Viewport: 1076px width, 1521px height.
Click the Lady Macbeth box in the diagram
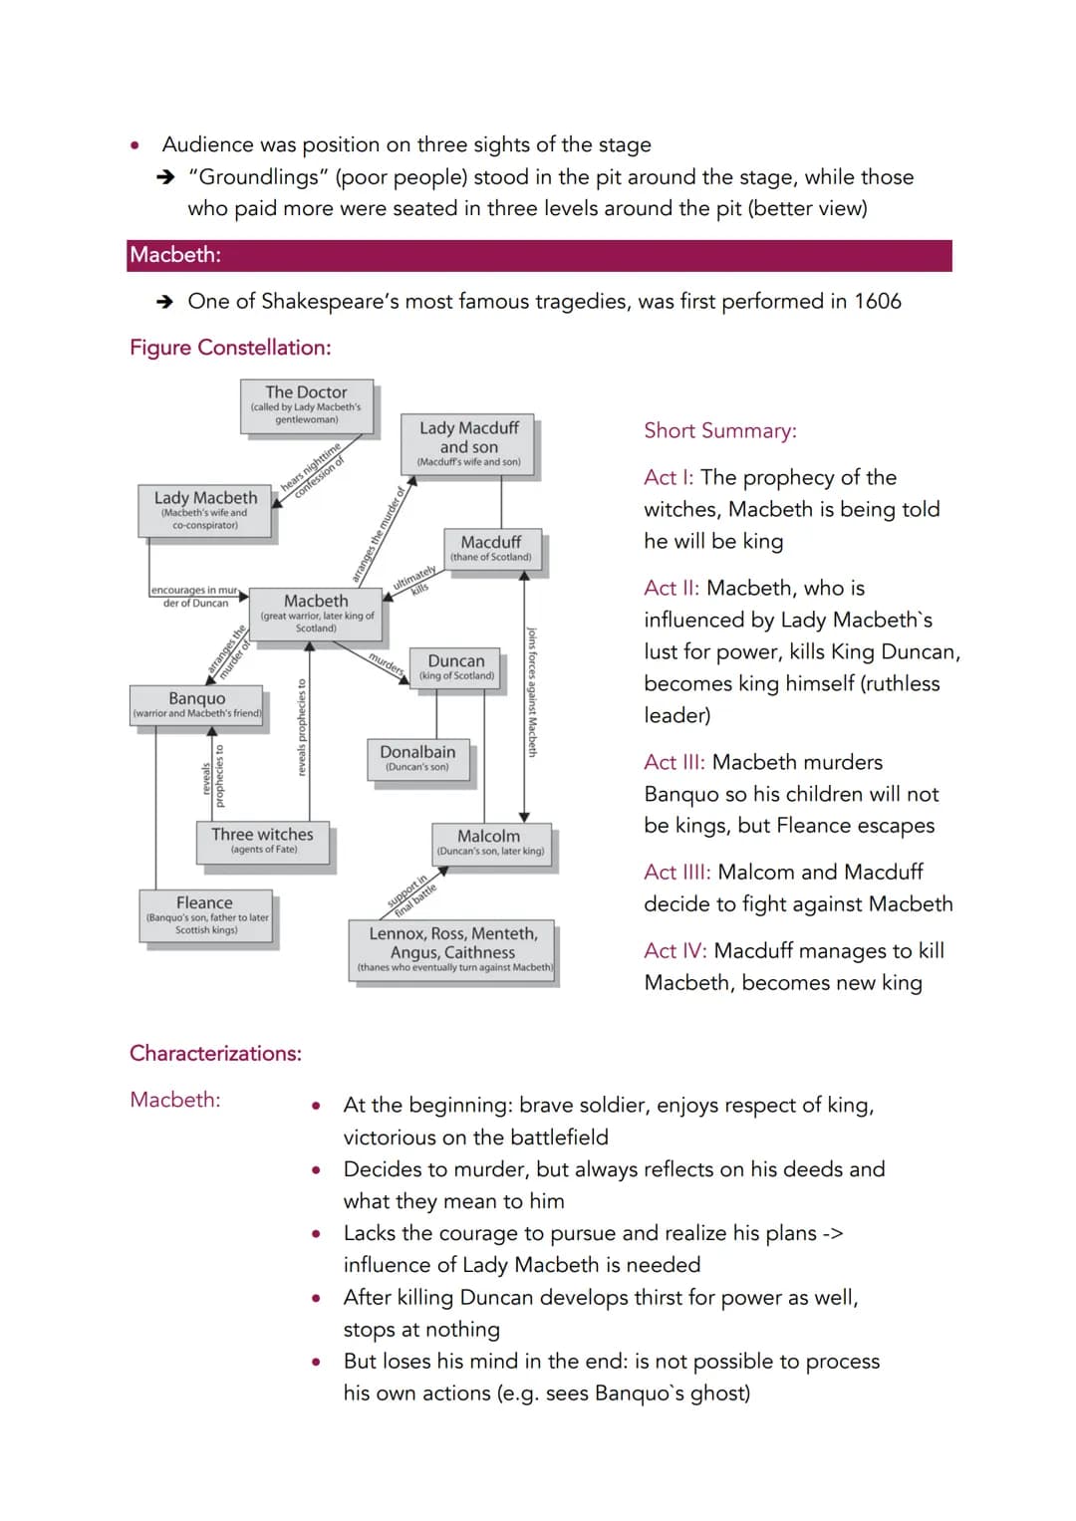point(205,510)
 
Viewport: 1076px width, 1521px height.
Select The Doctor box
point(307,404)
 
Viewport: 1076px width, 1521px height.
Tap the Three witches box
point(263,840)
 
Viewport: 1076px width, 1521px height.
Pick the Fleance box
point(205,914)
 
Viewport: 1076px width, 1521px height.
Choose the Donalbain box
point(417,758)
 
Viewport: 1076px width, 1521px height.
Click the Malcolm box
point(489,843)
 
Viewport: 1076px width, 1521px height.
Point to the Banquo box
point(197,704)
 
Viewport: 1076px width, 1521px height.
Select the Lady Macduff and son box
point(468,442)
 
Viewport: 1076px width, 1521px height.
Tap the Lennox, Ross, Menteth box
point(453,949)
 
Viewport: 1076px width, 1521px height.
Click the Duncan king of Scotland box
point(456,666)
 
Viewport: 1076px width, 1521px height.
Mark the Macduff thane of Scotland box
point(491,548)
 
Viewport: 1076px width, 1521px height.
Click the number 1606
point(877,301)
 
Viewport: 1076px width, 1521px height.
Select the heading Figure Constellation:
point(230,348)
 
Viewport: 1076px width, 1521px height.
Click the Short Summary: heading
point(720,430)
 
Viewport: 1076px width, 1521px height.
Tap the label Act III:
point(674,762)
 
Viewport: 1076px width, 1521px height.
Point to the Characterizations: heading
point(215,1053)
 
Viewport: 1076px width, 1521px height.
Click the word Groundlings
point(258,177)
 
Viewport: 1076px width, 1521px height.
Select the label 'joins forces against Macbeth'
point(532,691)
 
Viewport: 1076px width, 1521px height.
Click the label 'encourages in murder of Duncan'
point(196,597)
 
